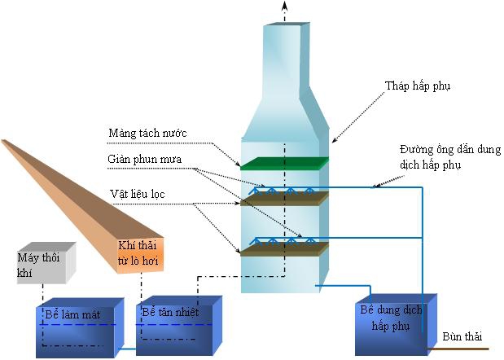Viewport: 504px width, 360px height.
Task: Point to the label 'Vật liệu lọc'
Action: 136,195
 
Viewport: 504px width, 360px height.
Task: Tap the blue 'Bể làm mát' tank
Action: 77,330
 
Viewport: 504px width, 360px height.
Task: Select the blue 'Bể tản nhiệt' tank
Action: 177,330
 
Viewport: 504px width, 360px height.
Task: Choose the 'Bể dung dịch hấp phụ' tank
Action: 392,326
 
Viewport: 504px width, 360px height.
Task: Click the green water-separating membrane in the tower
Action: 283,162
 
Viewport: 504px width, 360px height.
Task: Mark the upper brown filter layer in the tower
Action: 283,197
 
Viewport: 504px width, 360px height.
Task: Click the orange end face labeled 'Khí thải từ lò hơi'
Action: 139,255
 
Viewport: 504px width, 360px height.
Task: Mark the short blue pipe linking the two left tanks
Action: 125,351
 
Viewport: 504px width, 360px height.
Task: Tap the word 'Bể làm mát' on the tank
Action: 67,313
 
